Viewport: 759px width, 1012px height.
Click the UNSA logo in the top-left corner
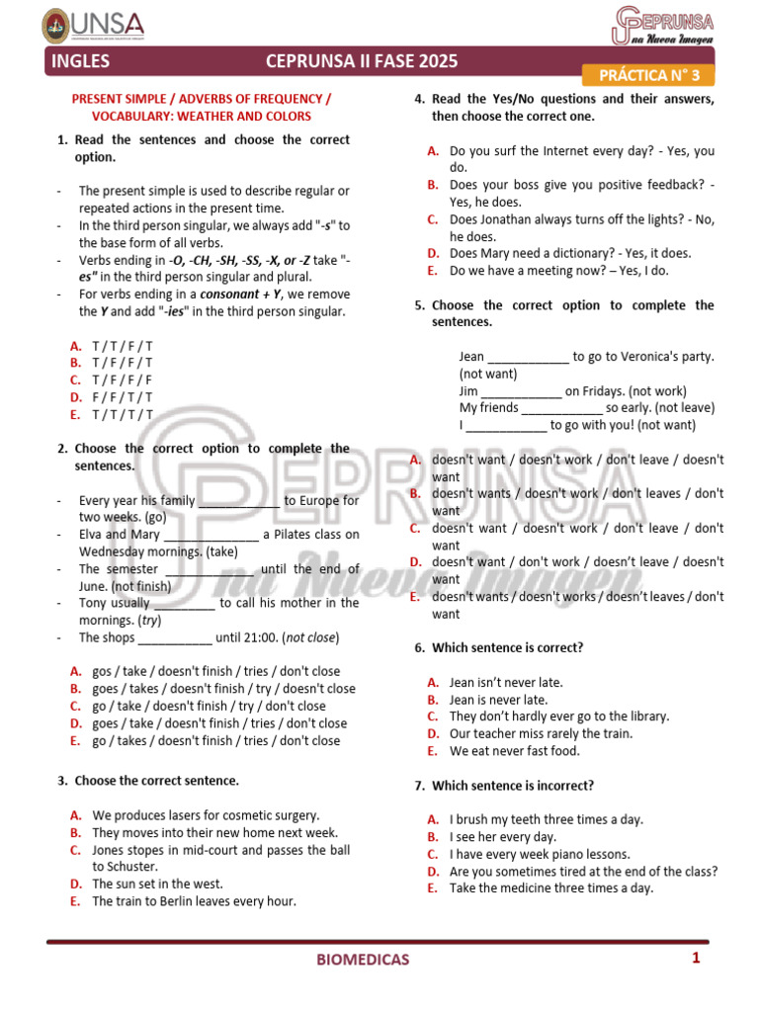[94, 25]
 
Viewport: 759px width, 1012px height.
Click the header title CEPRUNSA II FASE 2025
[362, 62]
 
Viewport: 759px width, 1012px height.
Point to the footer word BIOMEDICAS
[363, 959]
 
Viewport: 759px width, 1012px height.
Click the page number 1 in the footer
[696, 958]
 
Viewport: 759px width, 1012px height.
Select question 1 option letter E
[75, 415]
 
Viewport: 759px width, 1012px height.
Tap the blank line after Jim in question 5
[521, 391]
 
